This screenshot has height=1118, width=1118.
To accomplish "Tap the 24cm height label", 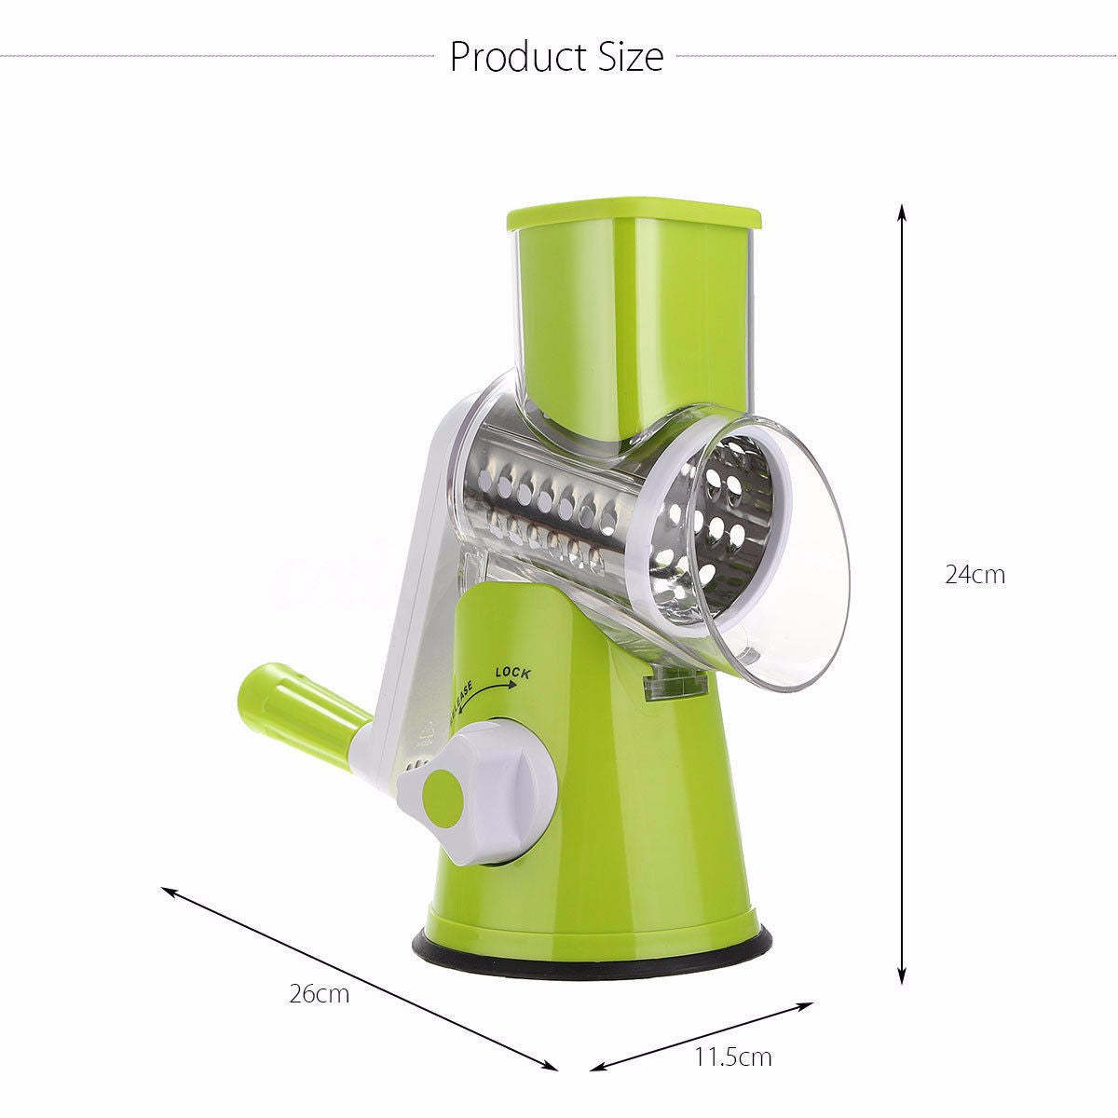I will tap(975, 575).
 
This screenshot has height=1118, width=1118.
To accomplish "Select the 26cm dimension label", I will tap(319, 993).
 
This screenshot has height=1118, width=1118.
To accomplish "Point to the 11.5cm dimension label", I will tap(733, 1057).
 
